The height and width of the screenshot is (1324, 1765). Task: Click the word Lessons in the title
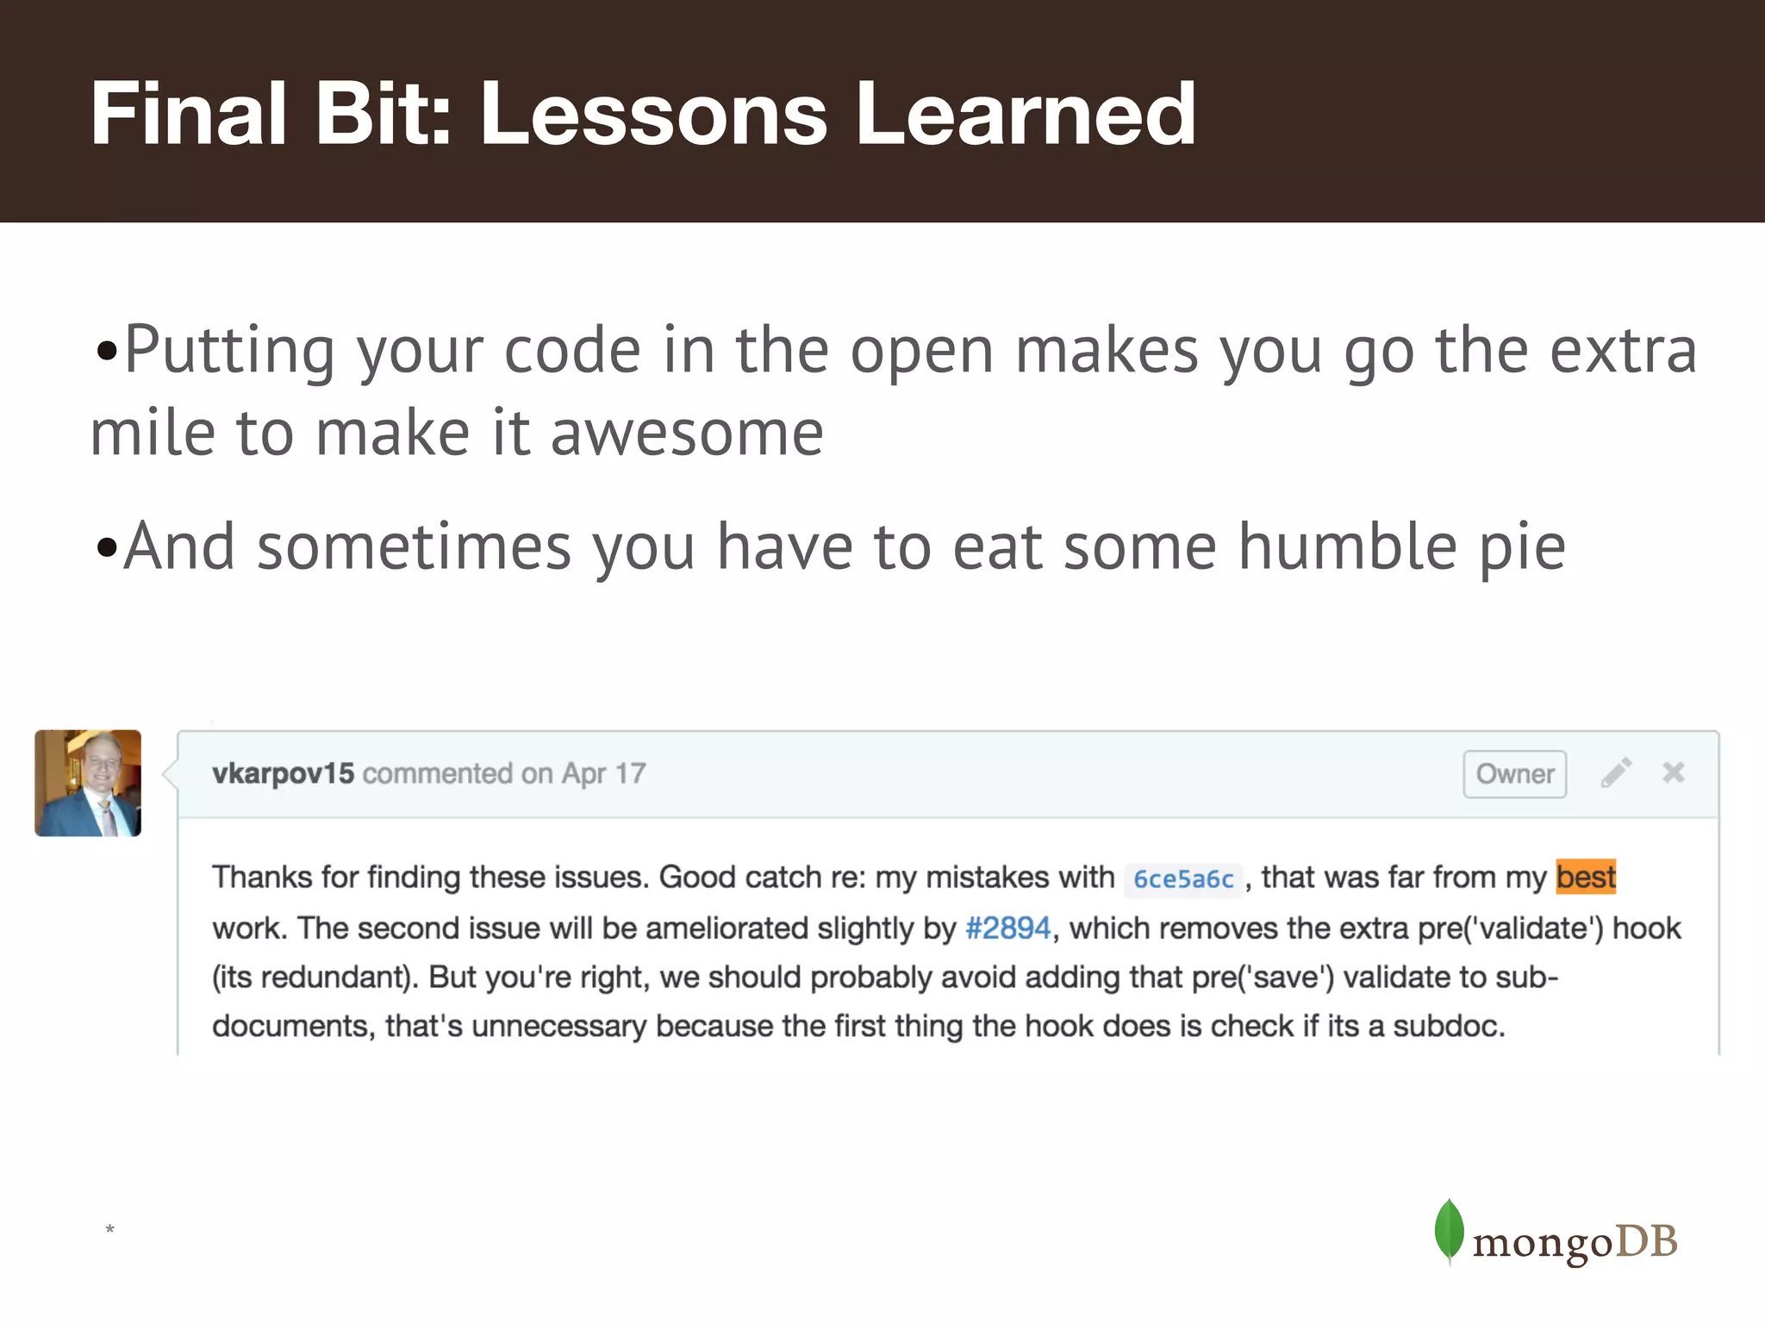click(653, 114)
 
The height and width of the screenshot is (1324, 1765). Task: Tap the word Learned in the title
click(1025, 114)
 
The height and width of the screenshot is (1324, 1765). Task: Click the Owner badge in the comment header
click(1514, 774)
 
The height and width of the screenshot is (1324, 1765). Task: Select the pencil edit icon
click(1616, 773)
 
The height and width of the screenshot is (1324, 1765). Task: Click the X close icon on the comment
click(1673, 772)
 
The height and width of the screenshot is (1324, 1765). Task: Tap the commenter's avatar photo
click(88, 783)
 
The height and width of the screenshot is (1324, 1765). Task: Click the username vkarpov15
click(283, 773)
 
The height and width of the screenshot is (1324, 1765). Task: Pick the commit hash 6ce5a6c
click(1183, 879)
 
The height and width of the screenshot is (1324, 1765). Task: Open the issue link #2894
click(1007, 928)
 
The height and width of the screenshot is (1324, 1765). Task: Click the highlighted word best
click(1586, 877)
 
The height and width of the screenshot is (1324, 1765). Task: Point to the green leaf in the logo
click(1449, 1230)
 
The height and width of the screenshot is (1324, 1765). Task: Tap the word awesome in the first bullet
click(687, 434)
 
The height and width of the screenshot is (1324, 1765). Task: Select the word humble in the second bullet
click(1347, 547)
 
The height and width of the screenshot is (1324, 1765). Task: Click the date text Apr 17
click(603, 773)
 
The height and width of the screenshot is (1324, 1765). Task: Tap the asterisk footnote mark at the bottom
click(109, 1229)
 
